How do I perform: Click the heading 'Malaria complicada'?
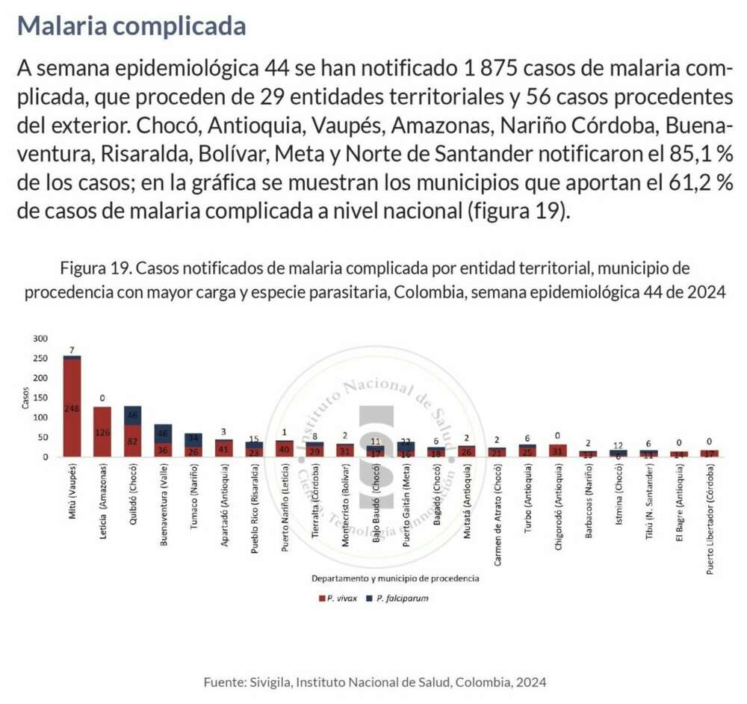point(131,25)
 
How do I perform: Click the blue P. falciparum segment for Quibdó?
point(133,415)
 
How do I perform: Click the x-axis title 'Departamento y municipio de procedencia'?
point(395,578)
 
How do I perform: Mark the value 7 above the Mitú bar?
point(72,350)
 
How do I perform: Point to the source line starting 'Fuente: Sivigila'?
point(375,682)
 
